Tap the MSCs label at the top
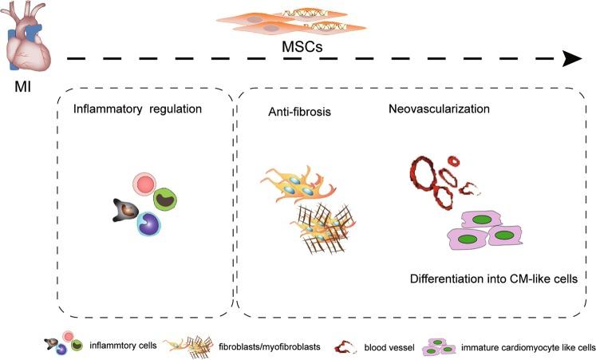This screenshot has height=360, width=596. [299, 47]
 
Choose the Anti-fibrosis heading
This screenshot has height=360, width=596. [299, 112]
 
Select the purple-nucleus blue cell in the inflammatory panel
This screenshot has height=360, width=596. [150, 223]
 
